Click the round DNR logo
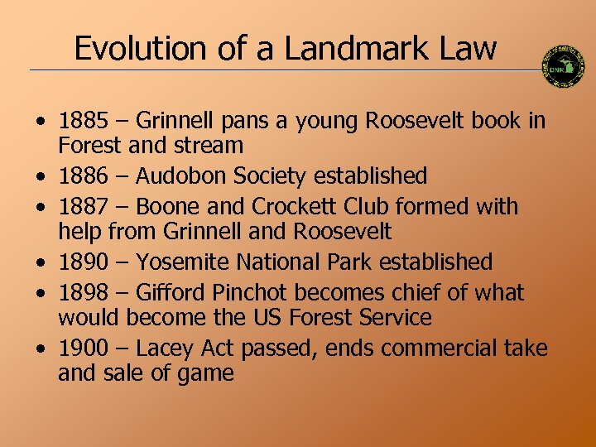[563, 65]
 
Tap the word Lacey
[162, 348]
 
